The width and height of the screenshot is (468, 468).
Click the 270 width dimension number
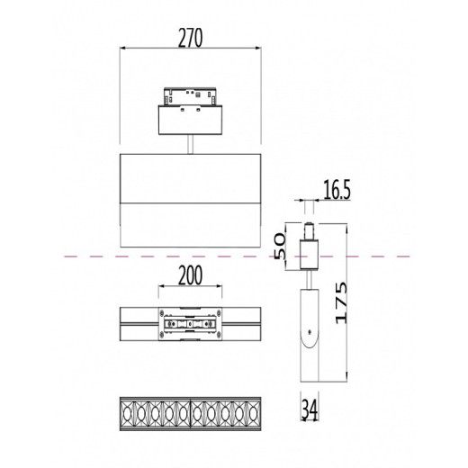pyautogui.click(x=190, y=37)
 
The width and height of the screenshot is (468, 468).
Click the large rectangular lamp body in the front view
pyautogui.click(x=190, y=200)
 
